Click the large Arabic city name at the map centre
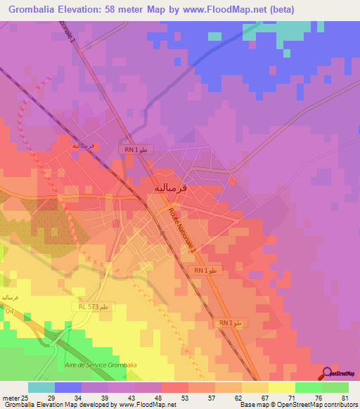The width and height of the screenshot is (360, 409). pos(171,188)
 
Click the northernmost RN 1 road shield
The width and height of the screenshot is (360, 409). pos(135,149)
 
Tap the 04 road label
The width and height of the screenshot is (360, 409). pos(10,310)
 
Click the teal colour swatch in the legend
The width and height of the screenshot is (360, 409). pos(41,387)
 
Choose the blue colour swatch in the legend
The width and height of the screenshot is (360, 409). pos(68,387)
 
